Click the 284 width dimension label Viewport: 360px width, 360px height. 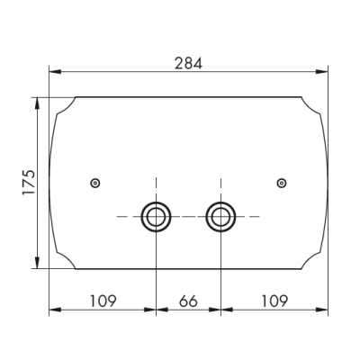tap(188, 64)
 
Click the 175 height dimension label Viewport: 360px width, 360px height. tap(29, 183)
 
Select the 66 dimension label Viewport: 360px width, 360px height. tap(188, 301)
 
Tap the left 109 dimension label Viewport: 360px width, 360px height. tap(103, 301)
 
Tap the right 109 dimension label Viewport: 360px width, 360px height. tap(274, 301)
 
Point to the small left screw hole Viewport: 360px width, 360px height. tap(95, 183)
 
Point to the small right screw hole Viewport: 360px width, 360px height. tap(282, 183)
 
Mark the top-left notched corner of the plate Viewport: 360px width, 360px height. tap(67, 108)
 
